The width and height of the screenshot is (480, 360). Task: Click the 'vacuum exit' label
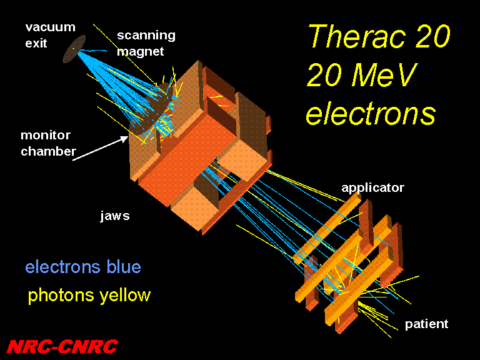coord(50,35)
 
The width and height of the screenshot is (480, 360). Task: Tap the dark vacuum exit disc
coord(74,49)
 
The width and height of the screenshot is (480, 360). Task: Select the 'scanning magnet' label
coord(146,44)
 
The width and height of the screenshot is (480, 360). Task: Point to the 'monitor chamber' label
coord(48,143)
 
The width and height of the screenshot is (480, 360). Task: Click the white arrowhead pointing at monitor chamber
coord(123,139)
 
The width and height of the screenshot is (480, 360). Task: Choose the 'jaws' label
coord(115,216)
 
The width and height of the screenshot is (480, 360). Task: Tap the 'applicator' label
coord(372,188)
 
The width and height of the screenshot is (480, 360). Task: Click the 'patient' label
coord(426,324)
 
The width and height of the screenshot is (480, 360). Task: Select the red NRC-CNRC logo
coord(62,346)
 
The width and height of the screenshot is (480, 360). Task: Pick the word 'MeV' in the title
coord(384,75)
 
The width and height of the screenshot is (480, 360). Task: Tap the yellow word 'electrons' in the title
coord(371,113)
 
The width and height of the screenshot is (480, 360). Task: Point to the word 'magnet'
coord(140,51)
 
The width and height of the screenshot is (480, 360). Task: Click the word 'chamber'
coord(48,151)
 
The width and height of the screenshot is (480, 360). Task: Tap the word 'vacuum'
coord(50,27)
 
